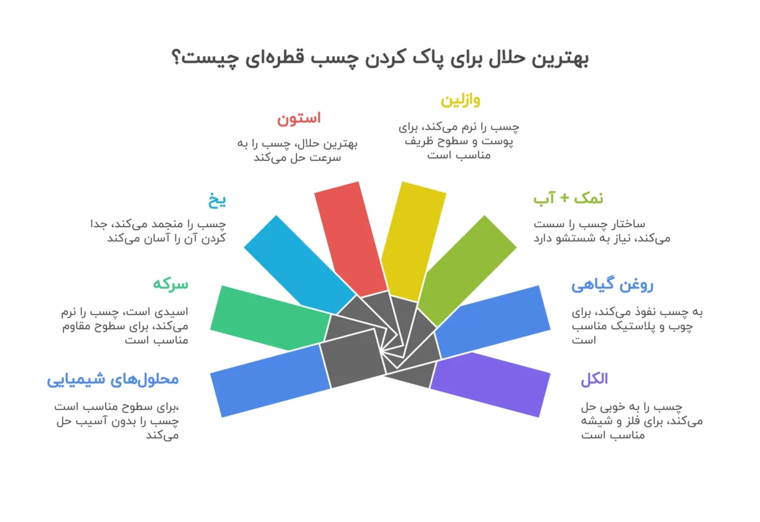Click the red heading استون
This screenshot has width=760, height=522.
298,119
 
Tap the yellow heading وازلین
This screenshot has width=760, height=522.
460,100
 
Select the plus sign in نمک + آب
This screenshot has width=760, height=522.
563,198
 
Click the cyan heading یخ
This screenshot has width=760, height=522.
217,200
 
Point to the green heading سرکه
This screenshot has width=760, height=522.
170,284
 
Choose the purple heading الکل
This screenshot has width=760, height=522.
594,378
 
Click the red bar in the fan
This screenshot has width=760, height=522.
351,239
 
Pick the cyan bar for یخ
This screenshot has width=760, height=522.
299,264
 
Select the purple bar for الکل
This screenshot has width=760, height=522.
490,384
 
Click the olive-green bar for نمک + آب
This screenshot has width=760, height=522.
467,270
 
